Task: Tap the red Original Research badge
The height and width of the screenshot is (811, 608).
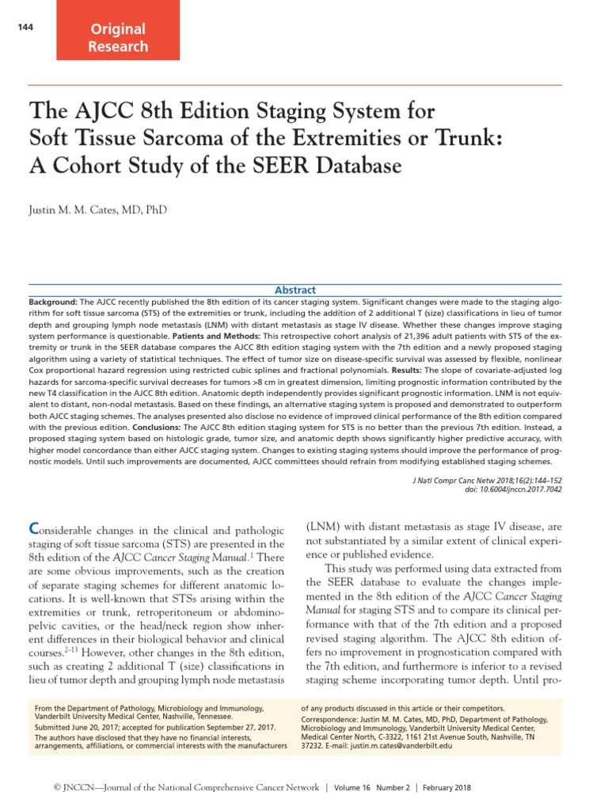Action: pos(118,37)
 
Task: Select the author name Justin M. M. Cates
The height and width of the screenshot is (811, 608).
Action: pos(98,210)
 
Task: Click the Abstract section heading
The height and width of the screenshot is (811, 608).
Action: pos(294,290)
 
